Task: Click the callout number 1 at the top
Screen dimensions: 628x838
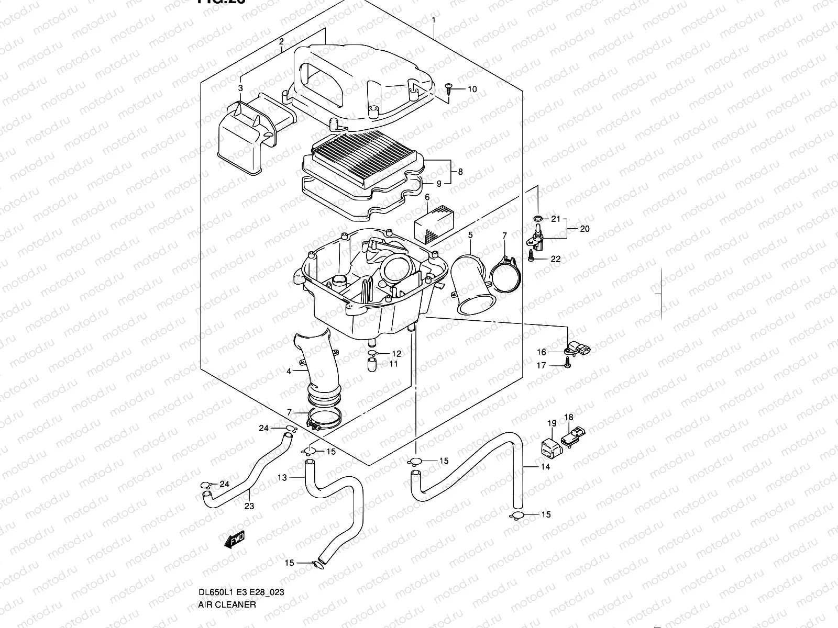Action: coord(434,21)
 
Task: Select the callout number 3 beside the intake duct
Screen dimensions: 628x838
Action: coord(240,88)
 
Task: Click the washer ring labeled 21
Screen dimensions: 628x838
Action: coord(538,218)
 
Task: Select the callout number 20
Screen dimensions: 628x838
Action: coord(585,229)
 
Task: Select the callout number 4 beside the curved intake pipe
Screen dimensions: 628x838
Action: coord(289,372)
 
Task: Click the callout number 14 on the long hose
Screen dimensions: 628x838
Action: coord(545,466)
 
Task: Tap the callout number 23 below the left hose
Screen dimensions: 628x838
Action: coord(249,506)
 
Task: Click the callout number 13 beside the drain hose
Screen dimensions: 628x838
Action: coord(282,478)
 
